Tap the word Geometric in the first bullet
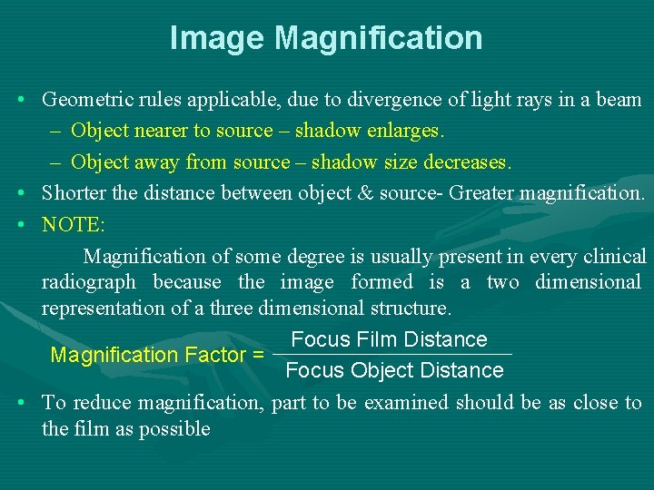pyautogui.click(x=84, y=100)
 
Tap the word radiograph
pyautogui.click(x=88, y=282)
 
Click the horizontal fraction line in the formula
pyautogui.click(x=392, y=354)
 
